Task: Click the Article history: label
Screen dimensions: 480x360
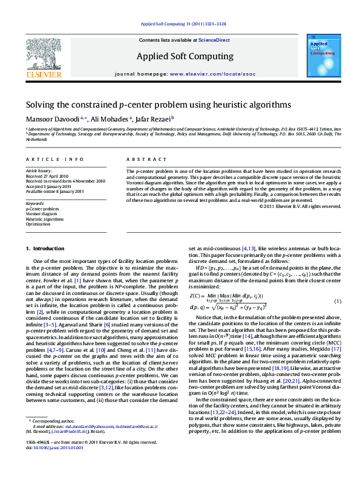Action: (x=39, y=171)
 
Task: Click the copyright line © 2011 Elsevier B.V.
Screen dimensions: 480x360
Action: (x=299, y=206)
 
